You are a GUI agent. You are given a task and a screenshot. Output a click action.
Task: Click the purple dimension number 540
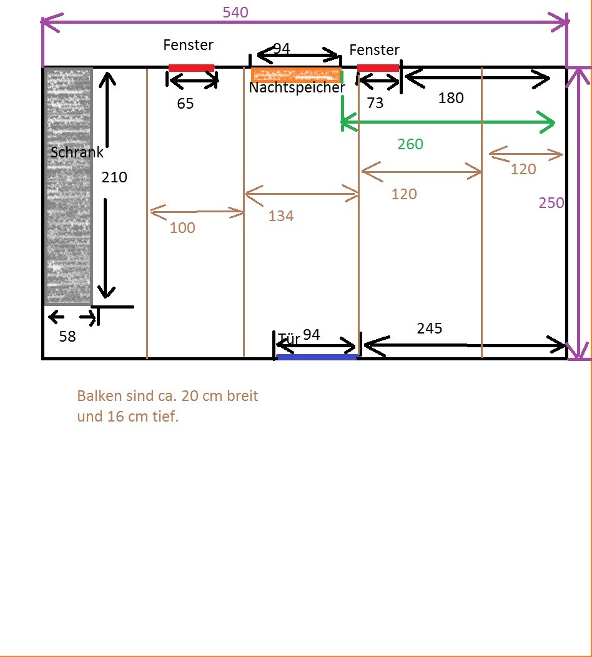tap(235, 12)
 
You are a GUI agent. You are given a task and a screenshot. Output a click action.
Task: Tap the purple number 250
tap(551, 203)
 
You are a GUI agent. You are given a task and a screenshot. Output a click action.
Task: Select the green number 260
tap(410, 144)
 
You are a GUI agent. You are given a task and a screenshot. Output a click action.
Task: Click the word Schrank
tap(77, 152)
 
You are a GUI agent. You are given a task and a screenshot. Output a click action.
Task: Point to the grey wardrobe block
tap(68, 187)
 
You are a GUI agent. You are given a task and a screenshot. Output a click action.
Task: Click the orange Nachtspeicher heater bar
tap(296, 74)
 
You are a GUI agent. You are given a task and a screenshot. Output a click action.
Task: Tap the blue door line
tap(317, 357)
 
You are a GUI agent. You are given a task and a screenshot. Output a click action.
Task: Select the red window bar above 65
tap(191, 68)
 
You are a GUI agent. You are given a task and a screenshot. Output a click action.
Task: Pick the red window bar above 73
tap(378, 68)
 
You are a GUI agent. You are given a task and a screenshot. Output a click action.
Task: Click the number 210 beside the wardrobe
tap(114, 177)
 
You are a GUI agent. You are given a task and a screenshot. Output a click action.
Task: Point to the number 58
tap(67, 337)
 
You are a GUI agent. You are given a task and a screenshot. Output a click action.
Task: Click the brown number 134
tap(281, 216)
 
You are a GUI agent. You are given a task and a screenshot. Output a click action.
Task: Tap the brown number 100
tap(182, 227)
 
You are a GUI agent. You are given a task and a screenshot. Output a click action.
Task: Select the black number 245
tap(430, 328)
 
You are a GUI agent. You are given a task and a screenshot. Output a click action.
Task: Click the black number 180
tap(451, 98)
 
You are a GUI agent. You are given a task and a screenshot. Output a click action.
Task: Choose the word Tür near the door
tap(289, 338)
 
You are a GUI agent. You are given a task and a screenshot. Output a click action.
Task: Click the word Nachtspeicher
tap(297, 87)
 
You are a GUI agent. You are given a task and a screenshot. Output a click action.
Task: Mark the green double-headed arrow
tap(448, 122)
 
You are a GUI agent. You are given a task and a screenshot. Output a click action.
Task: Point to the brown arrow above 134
tap(302, 194)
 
